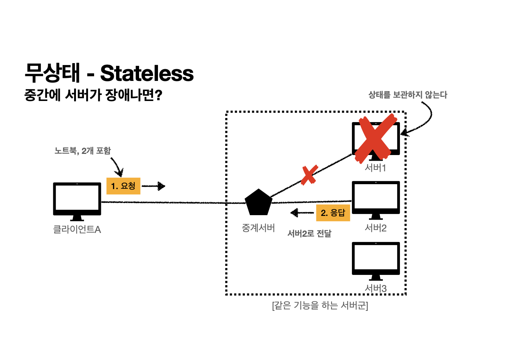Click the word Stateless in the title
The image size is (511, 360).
[x=147, y=73]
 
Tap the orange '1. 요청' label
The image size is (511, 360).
[x=123, y=186]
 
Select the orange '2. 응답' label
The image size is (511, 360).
[x=333, y=213]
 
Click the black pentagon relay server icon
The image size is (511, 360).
[x=258, y=203]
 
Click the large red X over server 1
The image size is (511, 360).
[x=375, y=138]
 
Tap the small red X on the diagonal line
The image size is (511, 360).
[x=309, y=175]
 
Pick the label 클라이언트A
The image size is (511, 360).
[x=77, y=230]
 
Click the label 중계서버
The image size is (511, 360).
[x=258, y=228]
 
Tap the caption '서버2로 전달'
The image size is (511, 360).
[x=309, y=234]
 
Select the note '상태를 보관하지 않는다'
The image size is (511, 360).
[x=407, y=95]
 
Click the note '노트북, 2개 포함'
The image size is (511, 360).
[x=83, y=151]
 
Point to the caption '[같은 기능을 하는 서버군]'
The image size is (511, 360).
[x=320, y=305]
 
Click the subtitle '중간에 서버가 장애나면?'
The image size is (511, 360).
[x=93, y=95]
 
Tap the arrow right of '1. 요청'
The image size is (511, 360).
[x=154, y=186]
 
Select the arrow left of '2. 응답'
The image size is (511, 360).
[x=302, y=213]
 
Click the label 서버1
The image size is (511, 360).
[x=375, y=168]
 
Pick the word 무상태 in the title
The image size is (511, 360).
[x=53, y=73]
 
